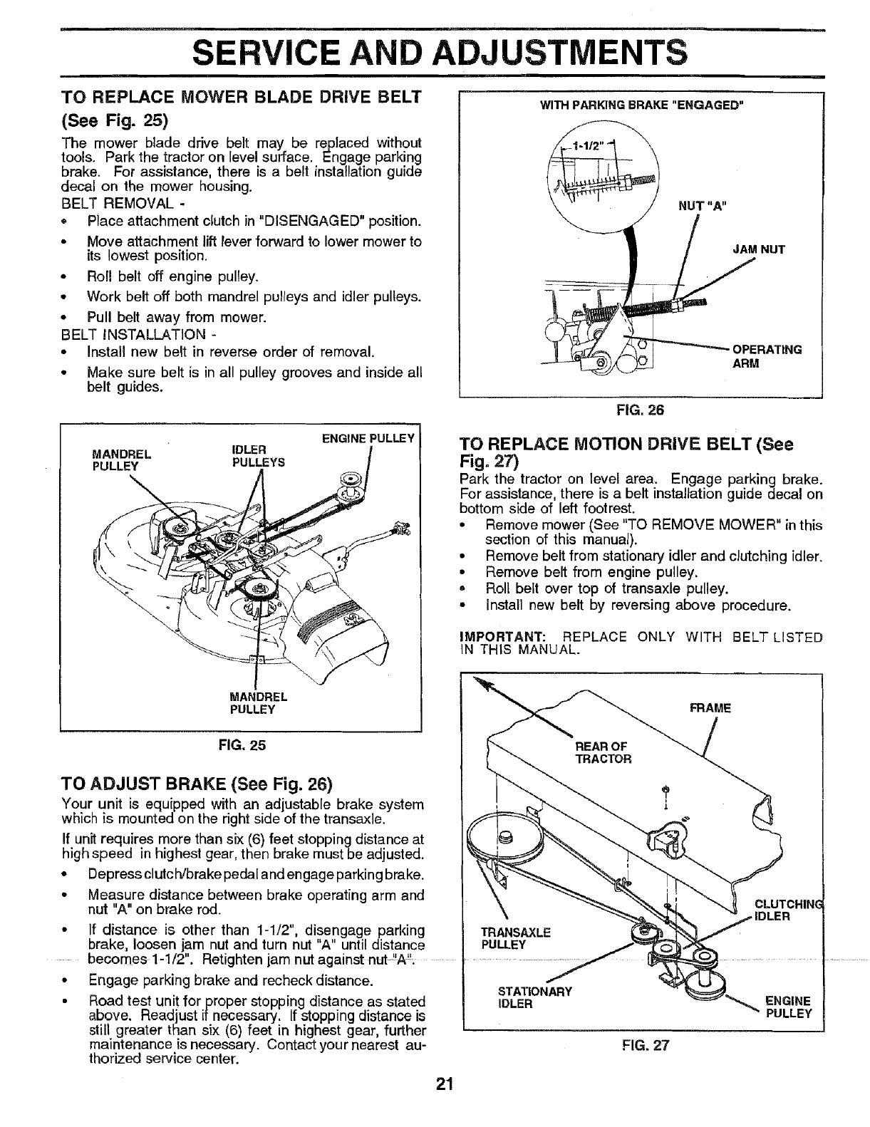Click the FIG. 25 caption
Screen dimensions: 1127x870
pyautogui.click(x=242, y=745)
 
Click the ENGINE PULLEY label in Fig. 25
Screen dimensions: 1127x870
pyautogui.click(x=368, y=438)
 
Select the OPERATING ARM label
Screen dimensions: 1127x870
pyautogui.click(x=767, y=356)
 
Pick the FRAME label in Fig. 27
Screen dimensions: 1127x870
pyautogui.click(x=710, y=708)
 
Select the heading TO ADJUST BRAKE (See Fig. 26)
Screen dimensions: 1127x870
pyautogui.click(x=198, y=784)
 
